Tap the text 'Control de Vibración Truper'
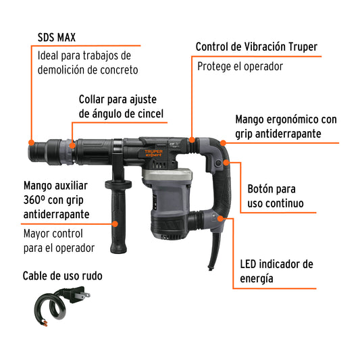pos(256,47)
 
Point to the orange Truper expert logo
pos(158,151)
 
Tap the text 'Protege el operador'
pos(240,67)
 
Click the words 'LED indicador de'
pos(277,264)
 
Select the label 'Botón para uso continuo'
pos(276,196)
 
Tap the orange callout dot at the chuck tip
pos(30,142)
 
